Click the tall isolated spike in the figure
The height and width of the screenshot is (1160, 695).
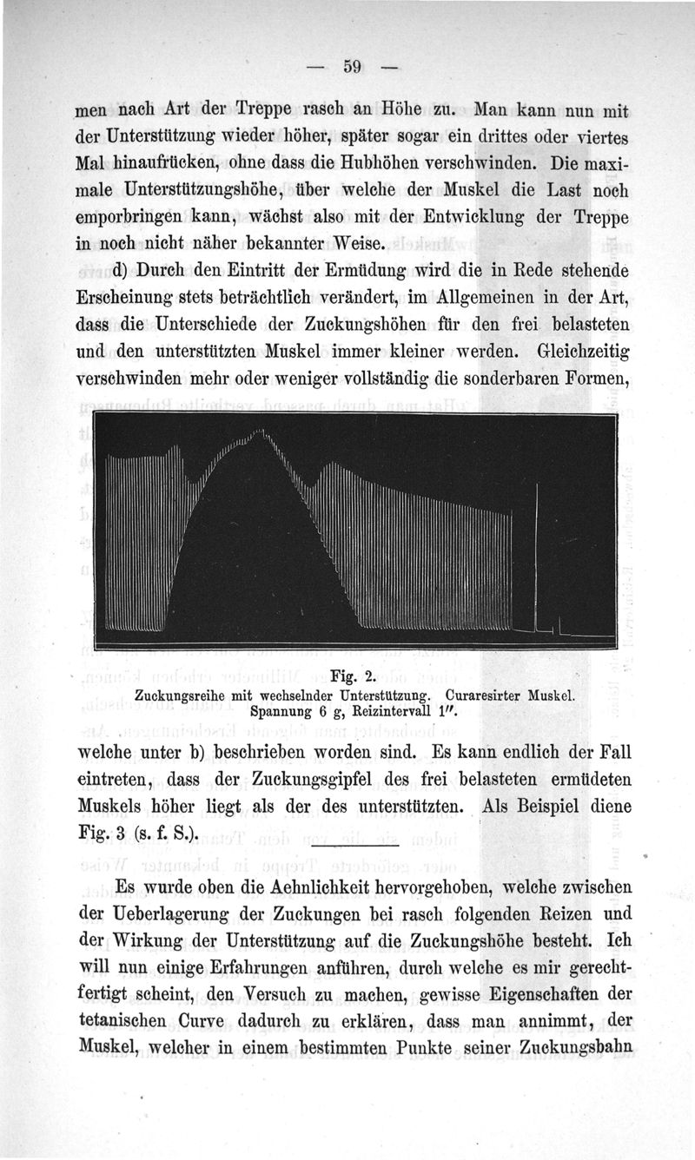pos(536,556)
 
